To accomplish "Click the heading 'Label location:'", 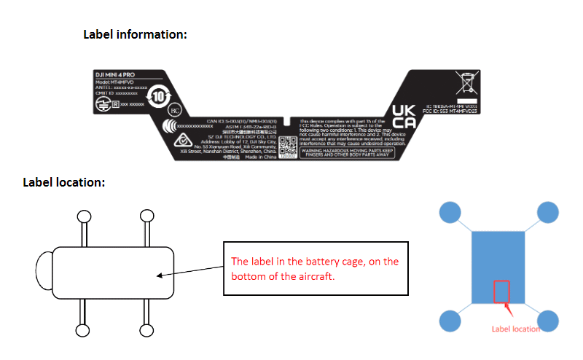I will pos(64,181).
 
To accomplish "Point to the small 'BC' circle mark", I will pos(174,111).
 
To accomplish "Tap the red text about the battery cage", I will pos(315,268).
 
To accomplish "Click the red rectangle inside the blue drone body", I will pos(502,292).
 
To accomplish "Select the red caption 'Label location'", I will pos(516,329).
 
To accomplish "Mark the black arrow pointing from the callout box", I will pos(189,272).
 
